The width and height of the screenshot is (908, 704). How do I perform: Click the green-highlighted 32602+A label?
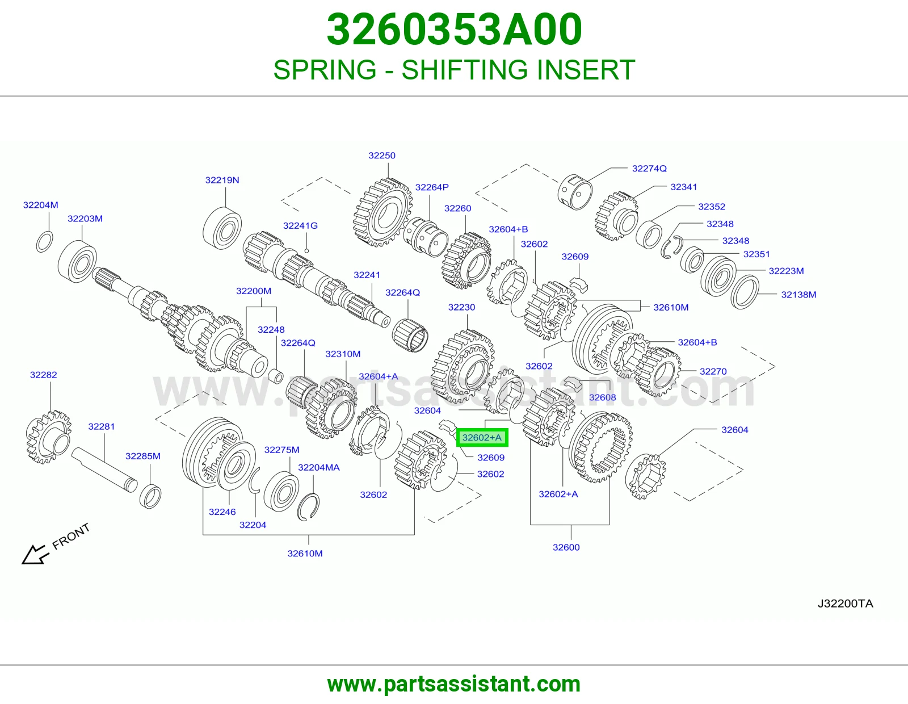[482, 438]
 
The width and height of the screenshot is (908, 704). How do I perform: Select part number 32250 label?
[381, 156]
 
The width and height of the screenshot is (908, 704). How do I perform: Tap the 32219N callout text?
[222, 180]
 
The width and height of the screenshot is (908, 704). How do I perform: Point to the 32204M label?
[40, 205]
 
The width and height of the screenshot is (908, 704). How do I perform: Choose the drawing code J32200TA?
[846, 604]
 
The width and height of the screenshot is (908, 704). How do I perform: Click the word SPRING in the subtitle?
[325, 70]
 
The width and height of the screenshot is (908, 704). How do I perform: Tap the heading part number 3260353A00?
[454, 30]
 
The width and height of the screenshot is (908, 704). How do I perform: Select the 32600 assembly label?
[566, 547]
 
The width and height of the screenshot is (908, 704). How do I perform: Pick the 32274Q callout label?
[649, 169]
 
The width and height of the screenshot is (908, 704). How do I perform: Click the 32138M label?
[798, 295]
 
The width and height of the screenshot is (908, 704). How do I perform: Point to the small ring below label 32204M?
[45, 241]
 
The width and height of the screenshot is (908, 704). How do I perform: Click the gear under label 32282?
[48, 437]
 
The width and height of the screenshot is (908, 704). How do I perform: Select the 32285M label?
[143, 456]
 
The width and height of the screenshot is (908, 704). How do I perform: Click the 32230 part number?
[461, 307]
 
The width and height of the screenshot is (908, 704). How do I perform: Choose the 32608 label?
[602, 397]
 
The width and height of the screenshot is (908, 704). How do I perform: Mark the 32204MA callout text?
[319, 467]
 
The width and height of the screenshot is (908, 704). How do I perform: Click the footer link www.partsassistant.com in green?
[454, 684]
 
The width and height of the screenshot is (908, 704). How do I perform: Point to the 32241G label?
[300, 226]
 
